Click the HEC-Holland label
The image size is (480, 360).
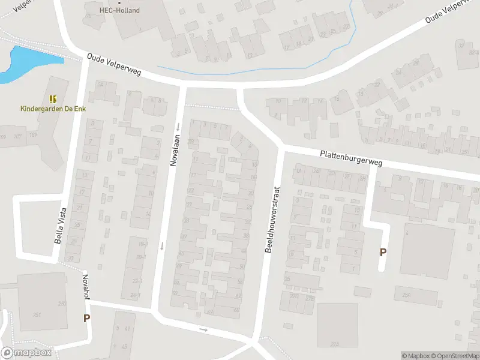point(119,10)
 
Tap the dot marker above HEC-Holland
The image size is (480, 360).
point(119,2)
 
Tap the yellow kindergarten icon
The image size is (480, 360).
point(53,98)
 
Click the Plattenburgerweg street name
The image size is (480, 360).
point(350,158)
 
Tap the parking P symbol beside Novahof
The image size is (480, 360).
point(87,319)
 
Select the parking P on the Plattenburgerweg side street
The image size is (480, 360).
point(383,253)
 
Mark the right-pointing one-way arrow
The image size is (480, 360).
point(203,329)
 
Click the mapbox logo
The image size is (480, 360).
point(26,353)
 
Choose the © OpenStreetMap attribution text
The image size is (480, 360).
point(457,356)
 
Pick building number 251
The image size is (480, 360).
point(37,314)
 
